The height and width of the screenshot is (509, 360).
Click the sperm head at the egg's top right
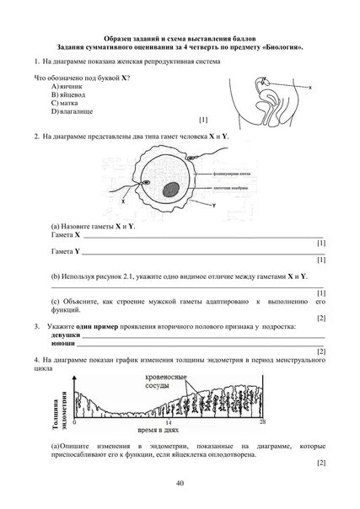(191, 158)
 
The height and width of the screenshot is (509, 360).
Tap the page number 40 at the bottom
(180, 481)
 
